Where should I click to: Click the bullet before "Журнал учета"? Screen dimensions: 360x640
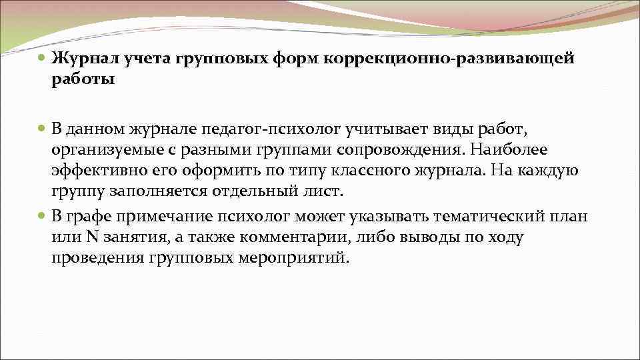[x=42, y=59]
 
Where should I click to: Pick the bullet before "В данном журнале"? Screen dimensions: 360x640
[x=42, y=127]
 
